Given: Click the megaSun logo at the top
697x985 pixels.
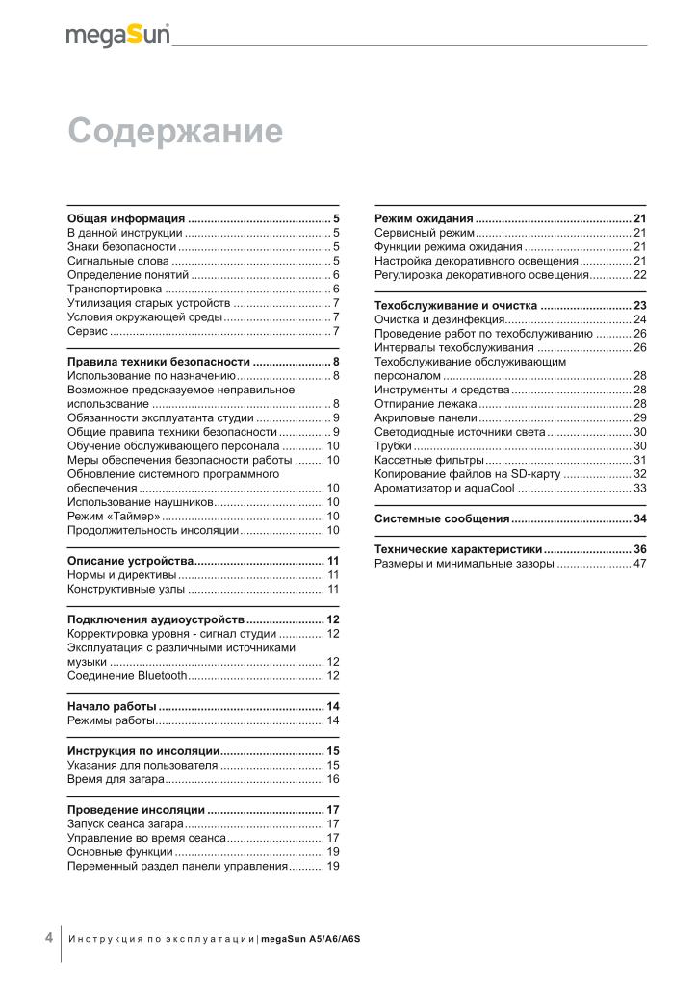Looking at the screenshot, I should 117,36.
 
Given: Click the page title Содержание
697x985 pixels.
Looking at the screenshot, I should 175,131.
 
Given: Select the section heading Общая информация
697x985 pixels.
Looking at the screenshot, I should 126,218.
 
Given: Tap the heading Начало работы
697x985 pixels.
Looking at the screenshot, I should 112,707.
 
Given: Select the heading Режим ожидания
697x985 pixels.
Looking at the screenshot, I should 424,218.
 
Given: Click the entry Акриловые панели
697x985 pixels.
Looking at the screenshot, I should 426,418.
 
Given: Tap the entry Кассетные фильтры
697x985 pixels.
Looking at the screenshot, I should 428,461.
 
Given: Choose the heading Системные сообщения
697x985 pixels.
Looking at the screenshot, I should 442,518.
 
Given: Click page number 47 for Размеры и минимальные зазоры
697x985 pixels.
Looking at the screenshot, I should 639,563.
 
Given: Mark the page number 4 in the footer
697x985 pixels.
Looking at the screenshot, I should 48,938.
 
